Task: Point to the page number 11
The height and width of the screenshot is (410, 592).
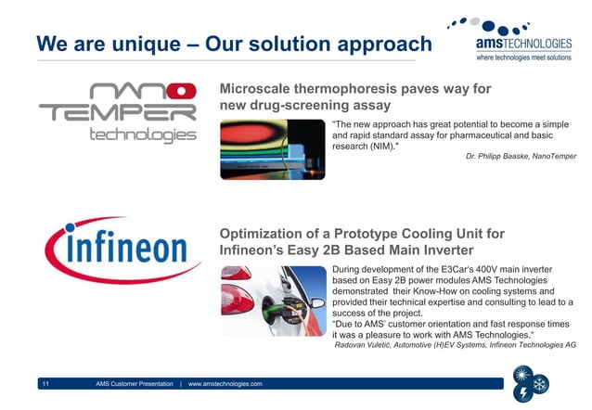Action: click(45, 383)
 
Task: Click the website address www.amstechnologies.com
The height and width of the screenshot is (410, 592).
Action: click(225, 383)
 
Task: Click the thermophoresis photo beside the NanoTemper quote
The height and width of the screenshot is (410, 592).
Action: click(273, 149)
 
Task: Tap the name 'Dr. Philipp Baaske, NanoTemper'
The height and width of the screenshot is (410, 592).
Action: click(521, 157)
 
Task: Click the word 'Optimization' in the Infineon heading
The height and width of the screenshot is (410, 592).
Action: click(268, 234)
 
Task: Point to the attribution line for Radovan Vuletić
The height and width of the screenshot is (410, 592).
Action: click(455, 344)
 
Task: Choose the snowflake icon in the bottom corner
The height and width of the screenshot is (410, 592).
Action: click(540, 382)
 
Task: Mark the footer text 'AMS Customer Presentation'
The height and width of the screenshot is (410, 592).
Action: click(135, 383)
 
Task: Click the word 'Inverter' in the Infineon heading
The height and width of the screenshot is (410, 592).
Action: click(440, 250)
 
